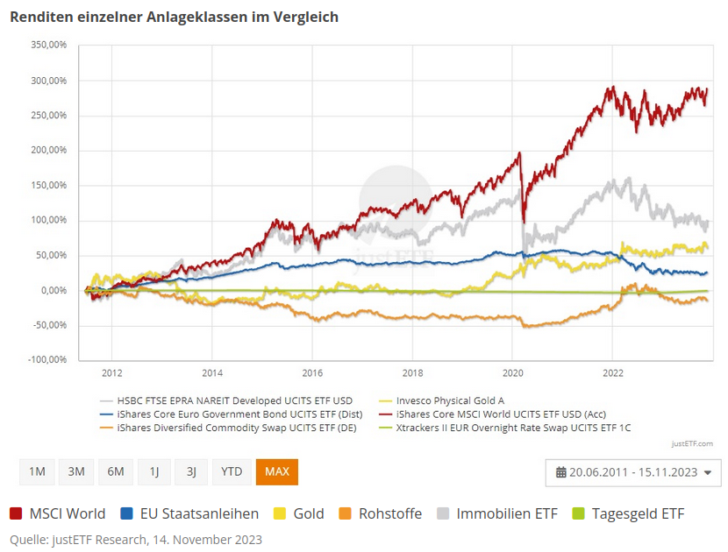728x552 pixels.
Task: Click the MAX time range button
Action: [x=277, y=471]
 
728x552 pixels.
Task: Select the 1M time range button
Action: [x=37, y=471]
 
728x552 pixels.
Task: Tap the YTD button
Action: [x=232, y=471]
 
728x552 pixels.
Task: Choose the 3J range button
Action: [x=191, y=471]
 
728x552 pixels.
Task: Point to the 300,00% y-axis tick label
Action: [x=49, y=81]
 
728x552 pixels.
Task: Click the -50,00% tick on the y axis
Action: [x=49, y=325]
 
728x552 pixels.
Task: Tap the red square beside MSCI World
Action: [x=17, y=514]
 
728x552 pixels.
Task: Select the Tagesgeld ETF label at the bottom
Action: [x=638, y=514]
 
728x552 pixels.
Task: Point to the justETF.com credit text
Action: [x=693, y=443]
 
